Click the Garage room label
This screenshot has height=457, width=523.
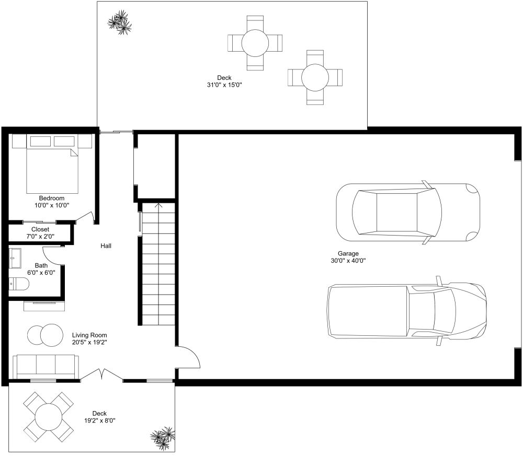(x=348, y=253)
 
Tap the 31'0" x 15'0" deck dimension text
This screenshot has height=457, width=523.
(x=224, y=85)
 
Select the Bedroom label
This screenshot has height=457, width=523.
(x=52, y=198)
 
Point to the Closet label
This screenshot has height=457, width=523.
(x=40, y=229)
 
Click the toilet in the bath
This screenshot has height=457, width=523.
(x=19, y=284)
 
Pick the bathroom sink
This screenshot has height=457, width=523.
(x=15, y=258)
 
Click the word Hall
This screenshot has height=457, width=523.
(x=106, y=246)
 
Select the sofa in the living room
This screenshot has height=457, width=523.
(x=46, y=367)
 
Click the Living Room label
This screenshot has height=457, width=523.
(x=90, y=335)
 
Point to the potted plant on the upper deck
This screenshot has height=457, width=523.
(x=119, y=22)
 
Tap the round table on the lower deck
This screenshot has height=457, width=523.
(x=48, y=417)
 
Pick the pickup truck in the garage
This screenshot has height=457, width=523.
(x=407, y=310)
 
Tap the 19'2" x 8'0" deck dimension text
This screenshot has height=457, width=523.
(x=100, y=420)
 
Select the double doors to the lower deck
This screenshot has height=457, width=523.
(x=102, y=374)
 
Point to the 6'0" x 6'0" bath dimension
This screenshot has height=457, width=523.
(x=41, y=273)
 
